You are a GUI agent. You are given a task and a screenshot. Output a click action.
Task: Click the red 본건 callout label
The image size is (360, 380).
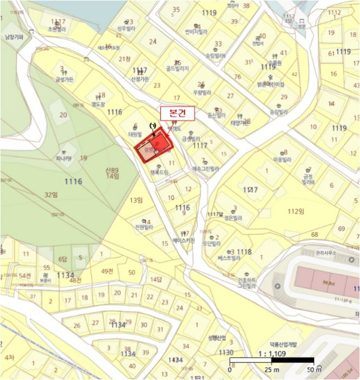point(176,113)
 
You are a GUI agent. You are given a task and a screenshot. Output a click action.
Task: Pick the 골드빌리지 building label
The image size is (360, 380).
point(178,69)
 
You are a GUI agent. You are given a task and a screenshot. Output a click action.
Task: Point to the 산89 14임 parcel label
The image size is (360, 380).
point(112,173)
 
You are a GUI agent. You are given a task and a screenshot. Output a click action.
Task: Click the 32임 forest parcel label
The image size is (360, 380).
point(50,194)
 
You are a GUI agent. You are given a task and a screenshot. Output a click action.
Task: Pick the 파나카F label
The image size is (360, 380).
point(64,159)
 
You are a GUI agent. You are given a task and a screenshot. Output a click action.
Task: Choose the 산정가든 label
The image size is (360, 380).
point(140,79)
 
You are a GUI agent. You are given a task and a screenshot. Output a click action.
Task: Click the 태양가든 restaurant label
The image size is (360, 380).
point(239,123)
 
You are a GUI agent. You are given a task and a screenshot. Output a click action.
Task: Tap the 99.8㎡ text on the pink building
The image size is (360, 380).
point(327,283)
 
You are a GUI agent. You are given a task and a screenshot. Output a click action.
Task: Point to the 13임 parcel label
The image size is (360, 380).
point(135,200)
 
